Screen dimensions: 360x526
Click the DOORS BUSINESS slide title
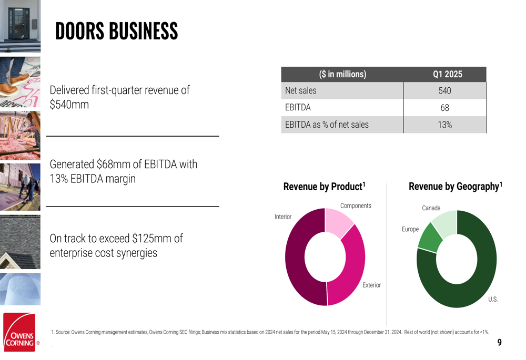click(116, 32)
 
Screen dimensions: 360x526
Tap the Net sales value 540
click(444, 91)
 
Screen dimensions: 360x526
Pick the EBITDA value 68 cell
click(444, 108)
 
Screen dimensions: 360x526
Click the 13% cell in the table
click(444, 125)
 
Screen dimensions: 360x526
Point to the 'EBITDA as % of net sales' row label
click(327, 125)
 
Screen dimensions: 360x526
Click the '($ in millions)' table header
click(342, 74)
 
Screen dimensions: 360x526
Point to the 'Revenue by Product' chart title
click(324, 187)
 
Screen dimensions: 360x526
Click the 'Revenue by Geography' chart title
click(455, 186)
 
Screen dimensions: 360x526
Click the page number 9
click(499, 343)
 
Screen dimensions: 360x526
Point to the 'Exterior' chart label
click(371, 285)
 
